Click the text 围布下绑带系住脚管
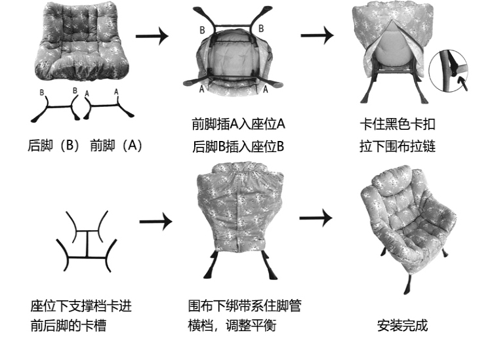pyautogui.click(x=244, y=306)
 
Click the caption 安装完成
pyautogui.click(x=402, y=326)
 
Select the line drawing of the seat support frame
pyautogui.click(x=87, y=242)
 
